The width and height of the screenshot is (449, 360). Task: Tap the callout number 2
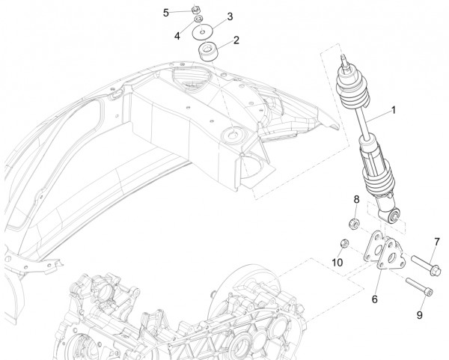pos(236,40)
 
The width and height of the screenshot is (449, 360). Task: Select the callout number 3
pos(230,16)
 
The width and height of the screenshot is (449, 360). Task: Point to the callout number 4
pos(177,35)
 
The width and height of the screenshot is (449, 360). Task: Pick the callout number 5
pos(167,12)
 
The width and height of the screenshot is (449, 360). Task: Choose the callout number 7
pos(436,242)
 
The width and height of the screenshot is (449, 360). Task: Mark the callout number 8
pos(357,200)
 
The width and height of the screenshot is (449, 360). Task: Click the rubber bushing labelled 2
pos(208,54)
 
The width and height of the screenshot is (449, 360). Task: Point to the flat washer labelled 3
pos(201,33)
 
